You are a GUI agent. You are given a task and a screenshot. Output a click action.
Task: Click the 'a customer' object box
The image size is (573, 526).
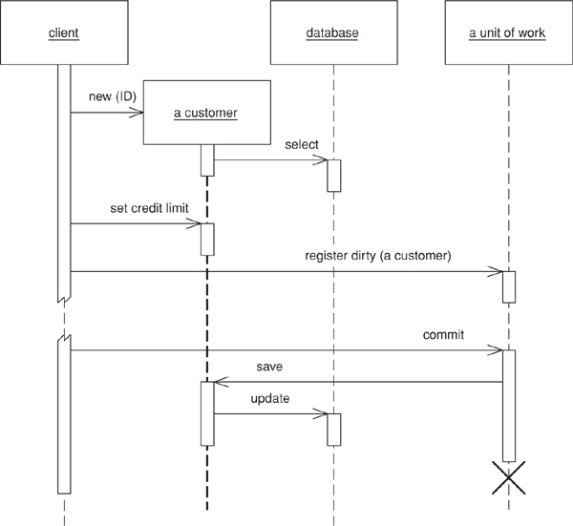click(205, 114)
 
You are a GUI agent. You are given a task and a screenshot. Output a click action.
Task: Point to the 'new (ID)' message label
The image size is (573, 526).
click(104, 97)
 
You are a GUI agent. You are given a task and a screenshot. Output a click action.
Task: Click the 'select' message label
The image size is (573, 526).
click(301, 145)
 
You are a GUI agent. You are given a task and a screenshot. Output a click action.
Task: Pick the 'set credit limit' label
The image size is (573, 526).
click(131, 208)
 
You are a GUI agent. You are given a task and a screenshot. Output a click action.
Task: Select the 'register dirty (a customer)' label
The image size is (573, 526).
click(377, 256)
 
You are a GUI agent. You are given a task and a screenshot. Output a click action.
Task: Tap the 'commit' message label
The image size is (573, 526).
click(443, 335)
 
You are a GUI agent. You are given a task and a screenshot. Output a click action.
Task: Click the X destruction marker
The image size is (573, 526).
click(509, 477)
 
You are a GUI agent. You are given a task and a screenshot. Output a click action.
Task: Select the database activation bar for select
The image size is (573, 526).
click(333, 176)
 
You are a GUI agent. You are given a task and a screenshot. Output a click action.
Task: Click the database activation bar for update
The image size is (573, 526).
click(333, 430)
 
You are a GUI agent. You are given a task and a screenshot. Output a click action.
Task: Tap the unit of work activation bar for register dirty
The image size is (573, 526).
click(509, 287)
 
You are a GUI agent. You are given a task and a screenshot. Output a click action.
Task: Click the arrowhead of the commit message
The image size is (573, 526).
click(499, 350)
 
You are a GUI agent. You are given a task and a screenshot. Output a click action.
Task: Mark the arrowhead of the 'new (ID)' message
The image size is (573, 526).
click(139, 113)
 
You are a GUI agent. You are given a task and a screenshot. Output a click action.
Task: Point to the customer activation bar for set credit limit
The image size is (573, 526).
click(206, 240)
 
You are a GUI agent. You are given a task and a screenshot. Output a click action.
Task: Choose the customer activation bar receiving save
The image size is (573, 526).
click(206, 413)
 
